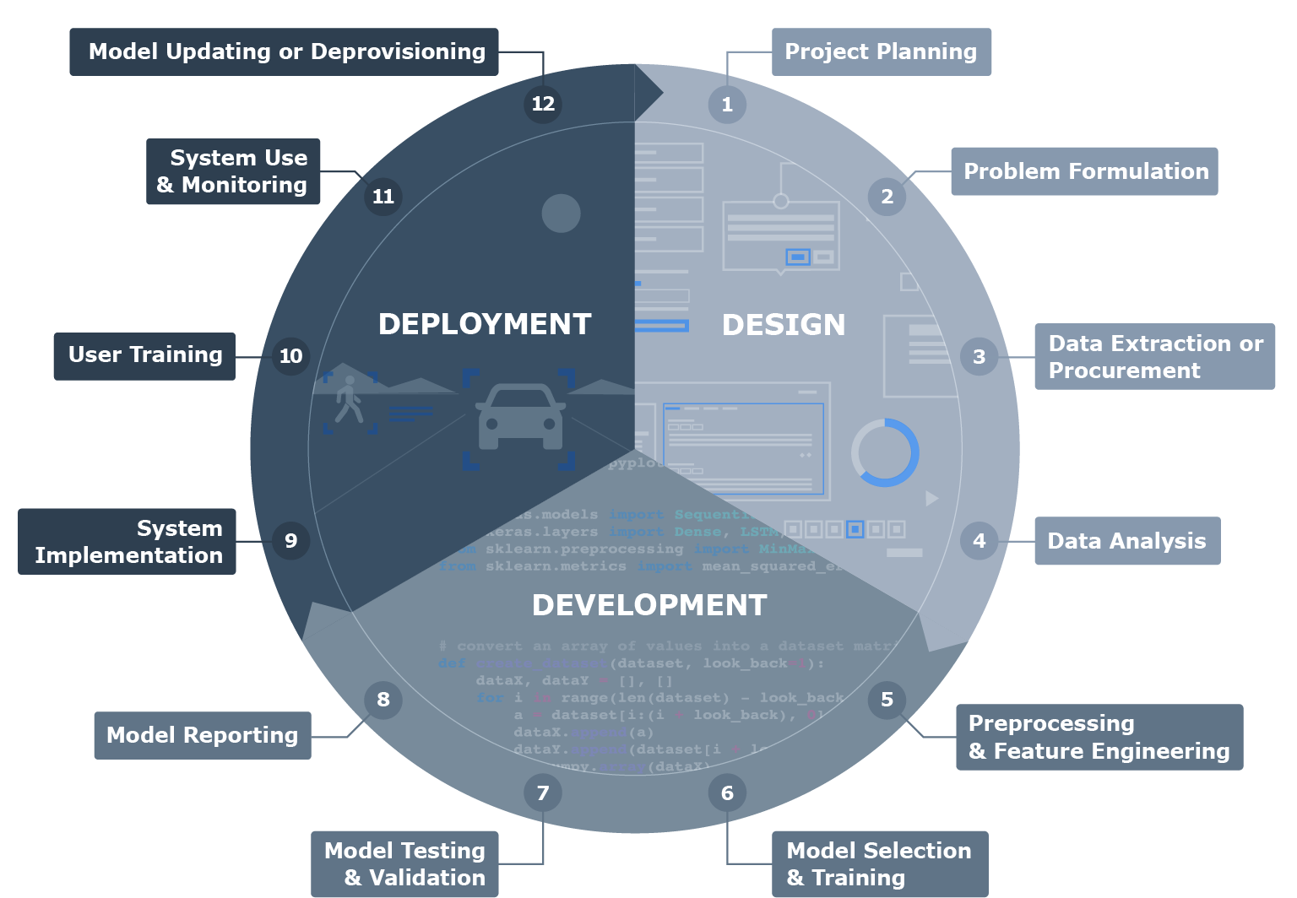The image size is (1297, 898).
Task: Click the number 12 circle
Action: pyautogui.click(x=543, y=104)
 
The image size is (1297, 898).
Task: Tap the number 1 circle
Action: pyautogui.click(x=727, y=105)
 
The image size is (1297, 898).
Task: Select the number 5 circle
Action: pyautogui.click(x=887, y=700)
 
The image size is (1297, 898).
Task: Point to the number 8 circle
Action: pyautogui.click(x=383, y=700)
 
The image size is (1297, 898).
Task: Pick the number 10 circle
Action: pyautogui.click(x=291, y=356)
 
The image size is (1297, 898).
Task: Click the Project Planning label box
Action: pyautogui.click(x=881, y=51)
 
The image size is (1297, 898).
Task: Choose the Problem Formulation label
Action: pyautogui.click(x=1085, y=171)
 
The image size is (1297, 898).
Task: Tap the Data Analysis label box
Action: pyautogui.click(x=1126, y=541)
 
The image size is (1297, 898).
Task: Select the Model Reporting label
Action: pyautogui.click(x=203, y=735)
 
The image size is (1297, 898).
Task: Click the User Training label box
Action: pyautogui.click(x=145, y=355)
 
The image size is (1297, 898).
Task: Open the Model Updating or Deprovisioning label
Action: pyautogui.click(x=285, y=51)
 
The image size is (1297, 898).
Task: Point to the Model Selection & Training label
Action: pyautogui.click(x=879, y=863)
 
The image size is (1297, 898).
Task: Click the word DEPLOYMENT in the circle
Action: pyautogui.click(x=485, y=324)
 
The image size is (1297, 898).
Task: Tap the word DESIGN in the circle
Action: pyautogui.click(x=784, y=325)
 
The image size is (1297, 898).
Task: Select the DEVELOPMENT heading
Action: pyautogui.click(x=649, y=605)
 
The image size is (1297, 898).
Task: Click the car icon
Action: pyautogui.click(x=520, y=417)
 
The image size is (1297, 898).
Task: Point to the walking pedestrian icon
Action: pyautogui.click(x=349, y=399)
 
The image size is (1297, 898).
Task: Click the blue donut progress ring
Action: pyautogui.click(x=885, y=452)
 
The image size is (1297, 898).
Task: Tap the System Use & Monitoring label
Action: pyautogui.click(x=233, y=171)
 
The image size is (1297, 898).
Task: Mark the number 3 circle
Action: pyautogui.click(x=980, y=357)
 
